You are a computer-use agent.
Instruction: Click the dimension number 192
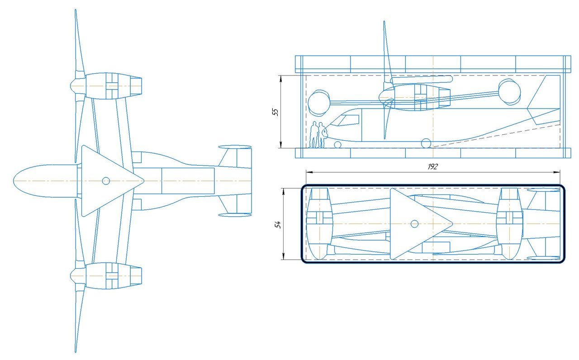click(432, 166)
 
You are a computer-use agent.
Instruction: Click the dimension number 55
click(276, 112)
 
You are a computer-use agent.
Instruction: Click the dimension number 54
click(278, 224)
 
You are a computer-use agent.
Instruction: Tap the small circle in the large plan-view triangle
click(106, 181)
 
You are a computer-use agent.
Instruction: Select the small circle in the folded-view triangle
click(414, 224)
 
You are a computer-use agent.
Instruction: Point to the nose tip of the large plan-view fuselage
click(14, 181)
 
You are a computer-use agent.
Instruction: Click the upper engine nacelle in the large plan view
click(106, 86)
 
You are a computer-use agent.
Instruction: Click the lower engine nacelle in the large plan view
click(106, 276)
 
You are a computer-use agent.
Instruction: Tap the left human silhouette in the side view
click(313, 135)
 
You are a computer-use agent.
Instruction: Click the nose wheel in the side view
click(337, 145)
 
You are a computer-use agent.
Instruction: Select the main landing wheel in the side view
click(426, 143)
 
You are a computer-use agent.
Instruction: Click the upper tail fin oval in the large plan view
click(235, 147)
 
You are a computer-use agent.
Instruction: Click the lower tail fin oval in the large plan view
click(235, 215)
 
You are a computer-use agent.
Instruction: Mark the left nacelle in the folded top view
click(319, 224)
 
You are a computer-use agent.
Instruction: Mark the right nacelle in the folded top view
click(509, 224)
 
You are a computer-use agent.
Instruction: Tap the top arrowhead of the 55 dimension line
click(281, 78)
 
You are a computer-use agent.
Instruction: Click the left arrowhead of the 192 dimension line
click(309, 172)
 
